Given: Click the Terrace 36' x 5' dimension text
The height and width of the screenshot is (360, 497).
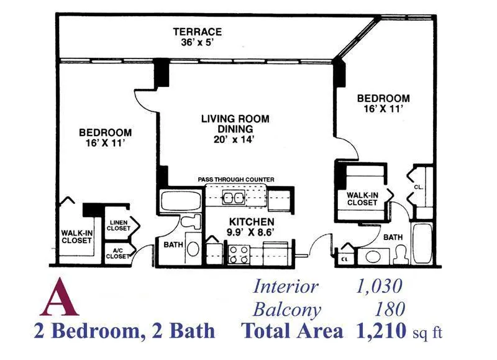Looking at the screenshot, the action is click(x=197, y=42).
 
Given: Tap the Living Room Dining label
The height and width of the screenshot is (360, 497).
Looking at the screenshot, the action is click(x=235, y=124).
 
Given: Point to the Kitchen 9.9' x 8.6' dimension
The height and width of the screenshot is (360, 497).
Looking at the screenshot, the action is click(x=250, y=233).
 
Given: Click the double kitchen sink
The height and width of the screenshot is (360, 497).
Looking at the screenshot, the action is click(x=234, y=198).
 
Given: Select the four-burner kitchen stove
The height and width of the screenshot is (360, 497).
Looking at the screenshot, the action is click(x=239, y=255).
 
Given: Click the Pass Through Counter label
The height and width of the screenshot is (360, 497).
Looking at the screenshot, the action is click(x=236, y=180).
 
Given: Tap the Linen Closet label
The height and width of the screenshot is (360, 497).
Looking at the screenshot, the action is click(x=119, y=226).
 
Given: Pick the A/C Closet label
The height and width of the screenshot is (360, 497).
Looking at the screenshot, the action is click(x=117, y=254).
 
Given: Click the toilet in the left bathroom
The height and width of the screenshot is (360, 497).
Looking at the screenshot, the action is click(x=191, y=221).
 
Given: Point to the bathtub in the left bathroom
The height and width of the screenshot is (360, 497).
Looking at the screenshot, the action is click(x=181, y=200).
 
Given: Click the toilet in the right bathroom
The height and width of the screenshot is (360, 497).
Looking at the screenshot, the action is click(x=401, y=254).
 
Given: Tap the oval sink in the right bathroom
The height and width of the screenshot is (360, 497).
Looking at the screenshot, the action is click(x=373, y=256).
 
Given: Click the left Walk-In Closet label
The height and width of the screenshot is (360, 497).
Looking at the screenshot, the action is click(x=76, y=237).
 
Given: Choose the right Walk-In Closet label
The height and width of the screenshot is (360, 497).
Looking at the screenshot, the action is click(x=362, y=199).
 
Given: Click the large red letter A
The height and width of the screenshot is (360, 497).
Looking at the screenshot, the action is click(x=59, y=298).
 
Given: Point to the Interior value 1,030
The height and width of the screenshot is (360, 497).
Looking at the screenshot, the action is click(x=379, y=286).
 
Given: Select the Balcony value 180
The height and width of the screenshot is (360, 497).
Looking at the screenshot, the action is click(x=390, y=309).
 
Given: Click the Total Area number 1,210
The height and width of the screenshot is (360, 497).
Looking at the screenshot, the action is click(x=381, y=331).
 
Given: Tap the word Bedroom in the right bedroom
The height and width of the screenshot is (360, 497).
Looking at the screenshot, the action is click(x=383, y=98).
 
